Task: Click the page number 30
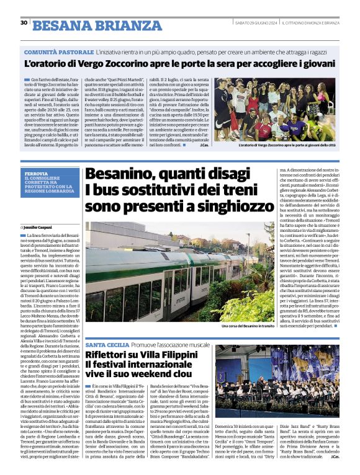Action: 24,22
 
